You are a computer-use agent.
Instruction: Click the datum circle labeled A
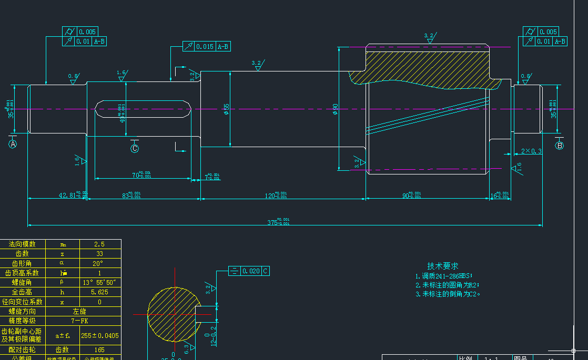tap(13, 144)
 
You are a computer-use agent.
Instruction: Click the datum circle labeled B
tap(559, 145)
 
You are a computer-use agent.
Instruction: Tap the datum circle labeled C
tap(135, 149)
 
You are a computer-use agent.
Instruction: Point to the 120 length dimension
tap(276, 196)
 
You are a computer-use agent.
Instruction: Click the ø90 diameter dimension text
tap(335, 109)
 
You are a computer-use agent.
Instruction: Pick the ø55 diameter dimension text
tap(227, 109)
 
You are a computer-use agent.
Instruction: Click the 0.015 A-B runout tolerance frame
tap(207, 47)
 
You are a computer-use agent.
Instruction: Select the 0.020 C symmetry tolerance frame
tap(250, 271)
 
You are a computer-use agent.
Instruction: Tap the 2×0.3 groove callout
tap(531, 151)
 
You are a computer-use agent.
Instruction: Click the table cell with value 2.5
tap(99, 244)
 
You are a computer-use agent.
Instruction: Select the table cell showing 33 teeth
tap(99, 254)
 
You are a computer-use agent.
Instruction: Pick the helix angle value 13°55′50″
tap(99, 283)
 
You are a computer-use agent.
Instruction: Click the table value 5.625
tap(99, 292)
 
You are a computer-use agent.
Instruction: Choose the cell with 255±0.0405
tap(100, 335)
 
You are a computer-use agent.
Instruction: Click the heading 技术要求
tap(442, 266)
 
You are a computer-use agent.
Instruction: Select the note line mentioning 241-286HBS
tap(444, 276)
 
